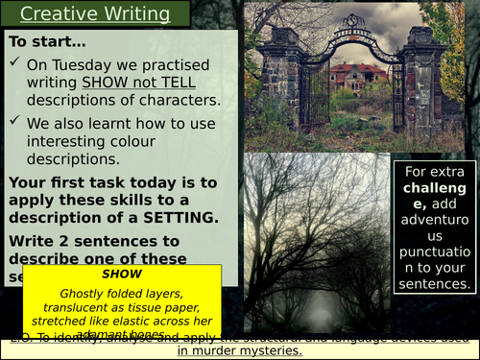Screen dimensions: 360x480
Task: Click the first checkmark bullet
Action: click(15, 65)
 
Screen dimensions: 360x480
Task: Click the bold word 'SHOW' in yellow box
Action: click(121, 274)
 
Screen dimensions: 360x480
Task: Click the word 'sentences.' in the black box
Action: click(436, 283)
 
